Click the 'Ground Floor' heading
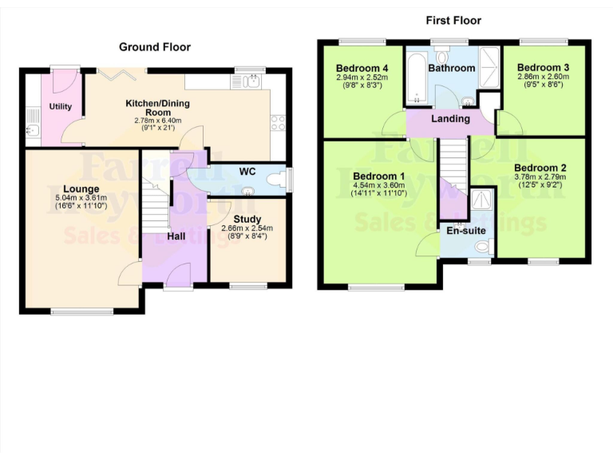155,47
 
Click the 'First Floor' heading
453,20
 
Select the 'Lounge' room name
75,188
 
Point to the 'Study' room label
247,218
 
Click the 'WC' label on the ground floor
247,170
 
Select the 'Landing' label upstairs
451,118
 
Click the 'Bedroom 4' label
362,69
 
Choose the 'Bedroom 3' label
543,67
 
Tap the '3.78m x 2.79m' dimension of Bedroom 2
540,176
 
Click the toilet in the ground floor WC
276,180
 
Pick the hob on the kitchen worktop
279,123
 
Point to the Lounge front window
82,311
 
